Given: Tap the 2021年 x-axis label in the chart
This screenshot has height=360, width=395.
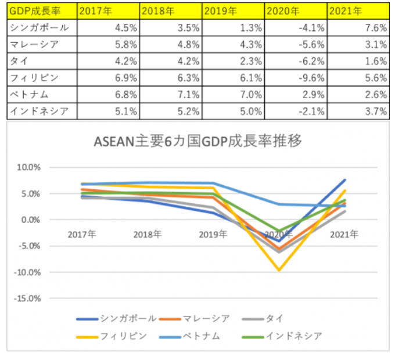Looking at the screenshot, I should pos(344,235).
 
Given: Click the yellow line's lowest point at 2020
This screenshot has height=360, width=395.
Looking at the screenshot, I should pos(279,270).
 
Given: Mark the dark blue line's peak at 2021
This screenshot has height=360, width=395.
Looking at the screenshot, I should pos(344,180).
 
